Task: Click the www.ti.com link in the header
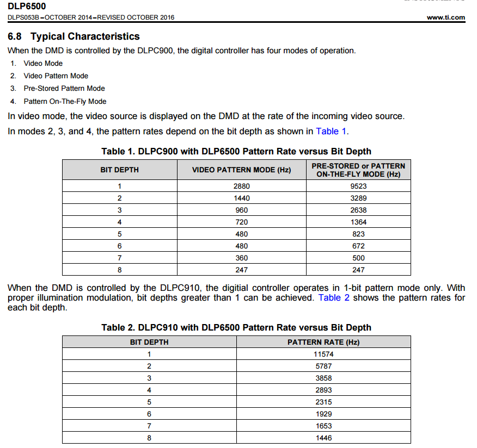pos(446,17)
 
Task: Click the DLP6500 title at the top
pos(27,6)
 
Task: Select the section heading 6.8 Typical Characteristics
pos(74,36)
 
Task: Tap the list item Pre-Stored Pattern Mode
pos(64,88)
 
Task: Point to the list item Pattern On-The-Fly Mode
pos(65,101)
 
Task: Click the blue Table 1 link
pos(331,131)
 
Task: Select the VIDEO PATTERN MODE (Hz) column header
pos(241,170)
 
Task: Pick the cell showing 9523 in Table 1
pos(359,186)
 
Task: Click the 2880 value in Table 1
pos(241,186)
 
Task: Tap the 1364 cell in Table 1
pos(359,222)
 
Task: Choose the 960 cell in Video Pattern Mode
pos(241,210)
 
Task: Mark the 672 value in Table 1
pos(359,246)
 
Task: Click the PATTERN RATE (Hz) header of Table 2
pos(323,342)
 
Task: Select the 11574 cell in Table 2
pos(323,354)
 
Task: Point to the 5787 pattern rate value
pos(323,366)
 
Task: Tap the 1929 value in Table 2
pos(323,414)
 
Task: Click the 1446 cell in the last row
pos(323,438)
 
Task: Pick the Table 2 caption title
pos(236,327)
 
